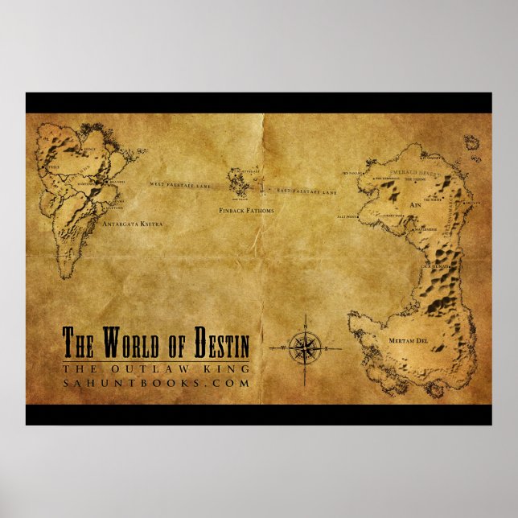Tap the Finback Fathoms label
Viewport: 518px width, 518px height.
click(x=247, y=211)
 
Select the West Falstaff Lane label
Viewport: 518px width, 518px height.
click(x=179, y=185)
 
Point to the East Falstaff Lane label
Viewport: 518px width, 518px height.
click(x=307, y=192)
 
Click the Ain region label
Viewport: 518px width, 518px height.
click(x=416, y=205)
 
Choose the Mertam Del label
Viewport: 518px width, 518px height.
click(x=405, y=342)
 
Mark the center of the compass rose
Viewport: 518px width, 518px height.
click(x=305, y=347)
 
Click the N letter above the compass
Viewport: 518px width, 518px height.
click(x=305, y=326)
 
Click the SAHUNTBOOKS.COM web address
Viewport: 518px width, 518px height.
click(x=156, y=384)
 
